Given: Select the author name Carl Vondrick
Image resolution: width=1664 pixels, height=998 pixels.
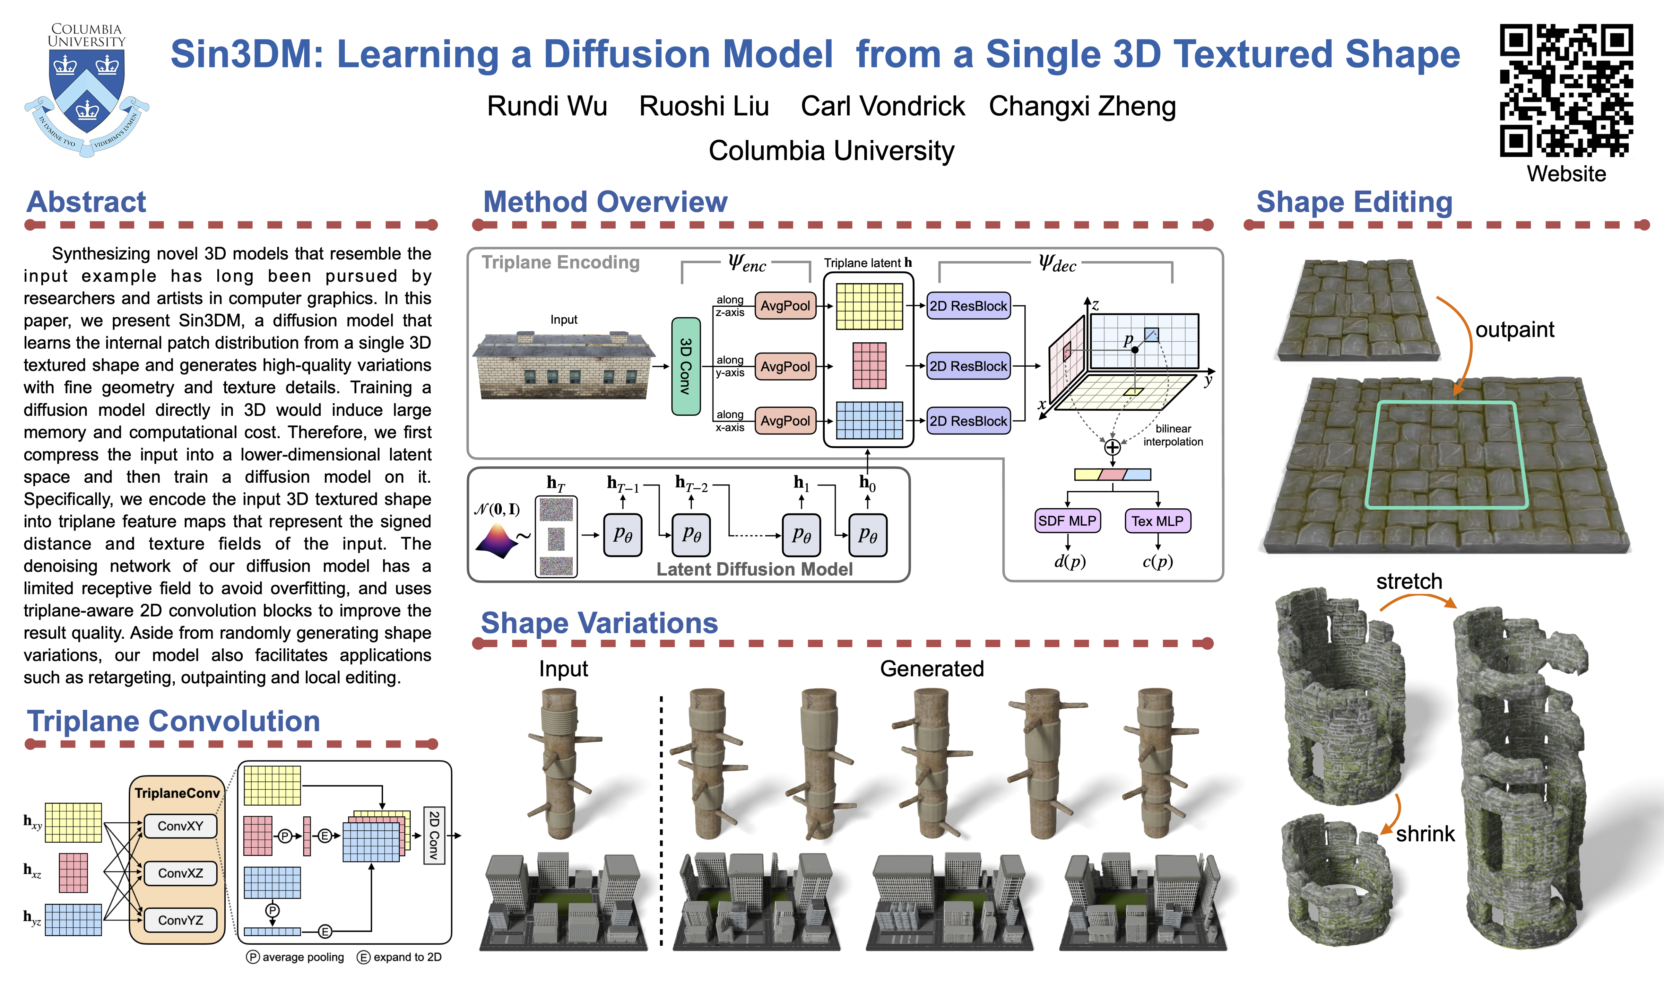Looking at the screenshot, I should coord(883,106).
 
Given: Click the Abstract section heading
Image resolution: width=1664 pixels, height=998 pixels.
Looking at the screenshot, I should coord(86,202).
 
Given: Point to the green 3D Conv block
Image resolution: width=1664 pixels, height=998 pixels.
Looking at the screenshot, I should coord(685,367).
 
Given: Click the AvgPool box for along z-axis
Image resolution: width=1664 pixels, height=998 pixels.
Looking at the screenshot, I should coord(785,306).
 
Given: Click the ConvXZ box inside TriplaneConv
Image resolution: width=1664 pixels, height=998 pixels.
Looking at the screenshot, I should coord(180,873).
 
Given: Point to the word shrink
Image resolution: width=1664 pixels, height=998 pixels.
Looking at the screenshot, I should coord(1424,834).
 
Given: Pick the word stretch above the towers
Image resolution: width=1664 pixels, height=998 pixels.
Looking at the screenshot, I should coord(1409,581).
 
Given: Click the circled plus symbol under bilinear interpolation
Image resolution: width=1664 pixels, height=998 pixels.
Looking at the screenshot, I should coord(1112,447).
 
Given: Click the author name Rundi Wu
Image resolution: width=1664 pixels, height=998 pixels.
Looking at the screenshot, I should coord(547,106).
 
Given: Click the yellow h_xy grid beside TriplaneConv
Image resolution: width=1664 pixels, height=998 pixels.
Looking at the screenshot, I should coord(73,822).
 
